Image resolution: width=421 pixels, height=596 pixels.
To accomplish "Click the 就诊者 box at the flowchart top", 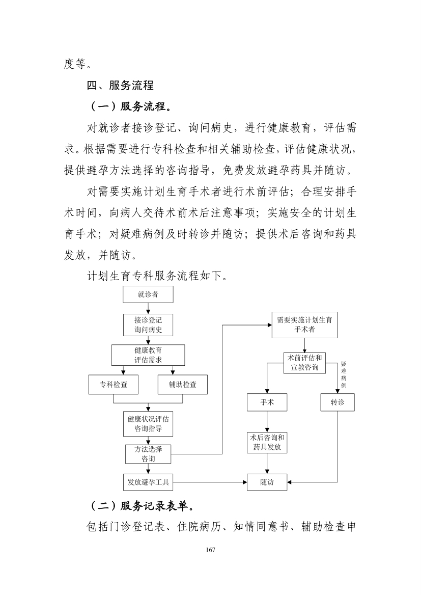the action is tap(148, 294).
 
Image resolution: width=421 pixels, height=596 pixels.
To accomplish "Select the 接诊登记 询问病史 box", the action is tap(148, 324).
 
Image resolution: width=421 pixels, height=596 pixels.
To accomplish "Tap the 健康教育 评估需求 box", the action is tap(148, 355).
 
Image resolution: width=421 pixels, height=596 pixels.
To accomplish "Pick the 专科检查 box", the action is tap(114, 384).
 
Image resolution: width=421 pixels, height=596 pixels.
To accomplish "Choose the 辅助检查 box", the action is tap(183, 384).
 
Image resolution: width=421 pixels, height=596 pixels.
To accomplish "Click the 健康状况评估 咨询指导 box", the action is tap(148, 424).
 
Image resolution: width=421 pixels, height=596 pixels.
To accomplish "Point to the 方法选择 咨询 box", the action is tap(148, 454).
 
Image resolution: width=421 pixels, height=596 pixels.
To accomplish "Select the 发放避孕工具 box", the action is tap(148, 482).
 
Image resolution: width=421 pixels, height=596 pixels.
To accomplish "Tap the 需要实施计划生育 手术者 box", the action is tap(304, 324).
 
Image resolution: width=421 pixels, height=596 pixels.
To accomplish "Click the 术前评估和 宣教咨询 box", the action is tap(305, 363).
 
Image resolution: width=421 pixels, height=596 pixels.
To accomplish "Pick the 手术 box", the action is tap(267, 402).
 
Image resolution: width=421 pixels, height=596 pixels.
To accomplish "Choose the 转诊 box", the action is tap(338, 402).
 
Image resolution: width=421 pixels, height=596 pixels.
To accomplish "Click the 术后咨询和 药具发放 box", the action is tap(267, 443).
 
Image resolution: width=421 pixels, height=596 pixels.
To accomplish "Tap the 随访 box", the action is tap(267, 482).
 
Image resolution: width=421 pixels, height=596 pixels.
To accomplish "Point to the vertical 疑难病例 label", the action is tap(344, 375).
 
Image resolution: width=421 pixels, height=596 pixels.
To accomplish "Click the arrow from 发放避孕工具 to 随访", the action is tap(210, 482).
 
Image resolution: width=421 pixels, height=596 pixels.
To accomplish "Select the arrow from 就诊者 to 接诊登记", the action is tap(148, 308).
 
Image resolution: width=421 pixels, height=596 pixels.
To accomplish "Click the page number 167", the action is tap(211, 550).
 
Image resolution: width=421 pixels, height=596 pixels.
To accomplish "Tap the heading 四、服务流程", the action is tap(120, 85).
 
